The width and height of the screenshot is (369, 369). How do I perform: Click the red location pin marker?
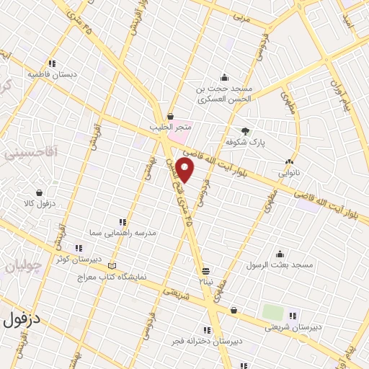coord(186,170)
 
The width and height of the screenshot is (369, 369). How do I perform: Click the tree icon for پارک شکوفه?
coord(245,130)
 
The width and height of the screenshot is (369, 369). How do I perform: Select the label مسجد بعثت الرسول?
coord(279,265)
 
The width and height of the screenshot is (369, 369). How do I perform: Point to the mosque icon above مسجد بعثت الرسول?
coord(279,254)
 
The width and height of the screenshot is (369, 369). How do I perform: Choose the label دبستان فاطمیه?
coord(52,74)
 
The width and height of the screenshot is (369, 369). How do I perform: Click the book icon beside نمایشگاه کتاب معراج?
coord(111,266)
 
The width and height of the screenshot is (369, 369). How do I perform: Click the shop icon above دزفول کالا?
coord(38,192)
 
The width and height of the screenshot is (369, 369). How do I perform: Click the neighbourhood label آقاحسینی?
coord(30,154)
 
